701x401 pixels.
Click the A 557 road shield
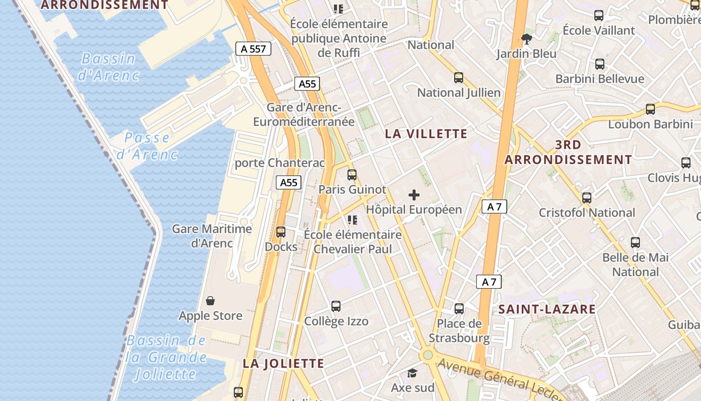(253, 49)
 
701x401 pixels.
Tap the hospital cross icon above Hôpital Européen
(414, 195)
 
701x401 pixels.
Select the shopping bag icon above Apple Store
(210, 301)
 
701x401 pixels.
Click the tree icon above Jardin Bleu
(526, 39)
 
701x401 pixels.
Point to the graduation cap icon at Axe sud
(412, 373)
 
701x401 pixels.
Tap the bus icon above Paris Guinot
(352, 175)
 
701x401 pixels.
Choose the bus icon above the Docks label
(281, 232)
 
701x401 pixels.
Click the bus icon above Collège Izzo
(336, 306)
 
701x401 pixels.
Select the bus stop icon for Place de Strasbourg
(459, 309)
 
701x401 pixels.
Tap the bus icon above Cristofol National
(587, 198)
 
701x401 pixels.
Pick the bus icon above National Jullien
(459, 78)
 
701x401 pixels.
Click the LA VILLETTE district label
(426, 134)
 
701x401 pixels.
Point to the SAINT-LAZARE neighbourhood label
(547, 309)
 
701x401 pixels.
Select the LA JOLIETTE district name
(283, 363)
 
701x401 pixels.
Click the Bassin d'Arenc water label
(109, 67)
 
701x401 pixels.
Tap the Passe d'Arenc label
(147, 146)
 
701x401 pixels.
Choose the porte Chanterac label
(280, 163)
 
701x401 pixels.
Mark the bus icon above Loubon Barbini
(650, 109)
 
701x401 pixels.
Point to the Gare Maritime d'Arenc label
(212, 236)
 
